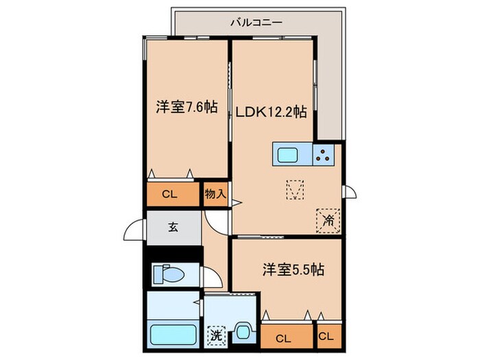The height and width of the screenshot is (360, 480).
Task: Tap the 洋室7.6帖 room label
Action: tap(187, 107)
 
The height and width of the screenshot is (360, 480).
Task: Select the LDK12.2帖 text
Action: tap(272, 112)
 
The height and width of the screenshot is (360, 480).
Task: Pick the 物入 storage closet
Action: tap(215, 194)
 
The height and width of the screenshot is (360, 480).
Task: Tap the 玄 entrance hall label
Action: tap(173, 227)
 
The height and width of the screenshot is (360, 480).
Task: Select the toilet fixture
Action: tap(168, 274)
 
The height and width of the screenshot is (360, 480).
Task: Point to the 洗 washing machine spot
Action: tap(215, 336)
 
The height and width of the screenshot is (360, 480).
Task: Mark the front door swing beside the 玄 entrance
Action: tap(134, 231)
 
